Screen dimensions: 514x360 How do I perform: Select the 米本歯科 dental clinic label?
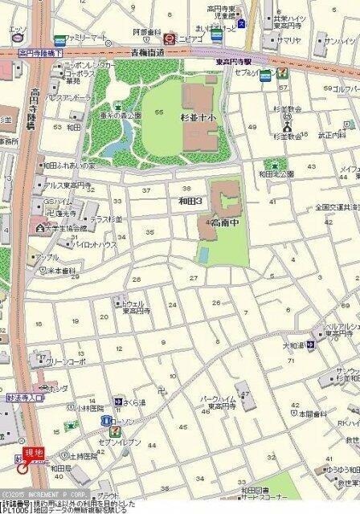click(39, 270)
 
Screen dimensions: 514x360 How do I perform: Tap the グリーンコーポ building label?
click(51, 361)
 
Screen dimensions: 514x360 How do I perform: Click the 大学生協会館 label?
click(55, 228)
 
